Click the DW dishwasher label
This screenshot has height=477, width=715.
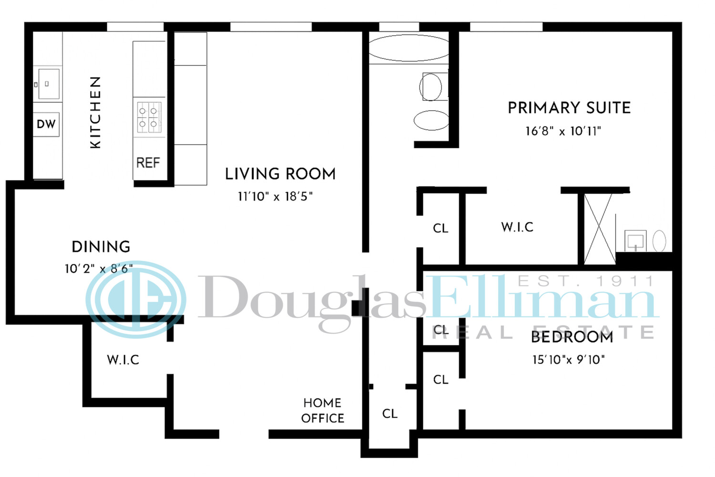46,124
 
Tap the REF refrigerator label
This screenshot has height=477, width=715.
148,163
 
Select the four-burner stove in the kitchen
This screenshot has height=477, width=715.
149,117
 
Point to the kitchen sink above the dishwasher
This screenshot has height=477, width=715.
49,84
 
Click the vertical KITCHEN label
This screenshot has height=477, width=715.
95,113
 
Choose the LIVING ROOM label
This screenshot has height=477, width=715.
280,174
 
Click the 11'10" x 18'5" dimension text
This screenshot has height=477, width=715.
275,197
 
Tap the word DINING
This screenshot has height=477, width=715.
101,247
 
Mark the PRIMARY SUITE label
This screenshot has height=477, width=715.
569,108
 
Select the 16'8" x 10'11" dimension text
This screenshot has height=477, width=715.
563,131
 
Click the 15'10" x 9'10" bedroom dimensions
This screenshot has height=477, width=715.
568,360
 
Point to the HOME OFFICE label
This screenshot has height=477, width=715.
323,411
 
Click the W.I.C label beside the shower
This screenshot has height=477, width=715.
517,227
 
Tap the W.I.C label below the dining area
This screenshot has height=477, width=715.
123,360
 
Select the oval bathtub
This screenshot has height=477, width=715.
409,48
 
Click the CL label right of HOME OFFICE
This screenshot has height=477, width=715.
389,414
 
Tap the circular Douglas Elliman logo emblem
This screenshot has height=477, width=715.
136,300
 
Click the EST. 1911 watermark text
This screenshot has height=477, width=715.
586,281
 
